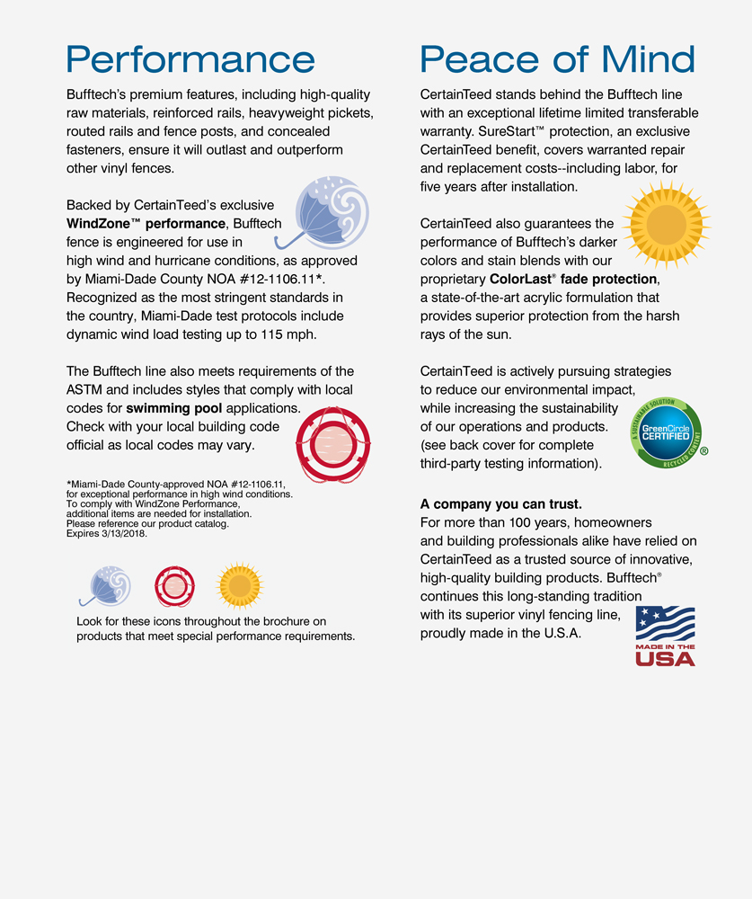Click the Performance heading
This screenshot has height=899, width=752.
(x=190, y=59)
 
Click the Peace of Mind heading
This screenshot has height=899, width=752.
(x=557, y=59)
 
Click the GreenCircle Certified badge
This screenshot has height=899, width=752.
(x=666, y=432)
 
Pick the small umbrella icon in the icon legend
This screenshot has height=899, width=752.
(x=106, y=585)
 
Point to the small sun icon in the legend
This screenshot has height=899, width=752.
(x=240, y=586)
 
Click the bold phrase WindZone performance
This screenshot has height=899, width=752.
(x=146, y=223)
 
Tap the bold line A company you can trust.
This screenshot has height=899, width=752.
(x=501, y=504)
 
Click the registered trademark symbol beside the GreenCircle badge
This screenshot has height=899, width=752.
(x=703, y=451)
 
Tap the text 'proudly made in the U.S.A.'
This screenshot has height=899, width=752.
(x=500, y=633)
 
